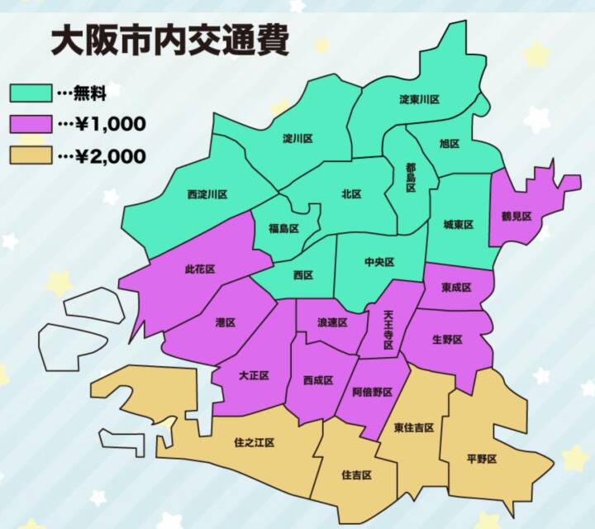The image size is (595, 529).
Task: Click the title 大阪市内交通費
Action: tap(169, 41)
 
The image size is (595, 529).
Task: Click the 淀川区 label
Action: tap(297, 138)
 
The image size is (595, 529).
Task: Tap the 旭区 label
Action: tap(450, 143)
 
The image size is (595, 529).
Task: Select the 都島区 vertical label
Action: tap(411, 176)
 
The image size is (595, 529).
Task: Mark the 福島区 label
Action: tap(283, 228)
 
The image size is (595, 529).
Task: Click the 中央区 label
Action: tap(379, 262)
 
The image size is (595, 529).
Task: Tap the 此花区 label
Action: tap(200, 269)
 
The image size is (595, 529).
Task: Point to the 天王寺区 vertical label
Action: tap(389, 328)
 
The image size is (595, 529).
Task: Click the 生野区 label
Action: tap(447, 340)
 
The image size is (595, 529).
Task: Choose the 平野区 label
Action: tap(482, 460)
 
